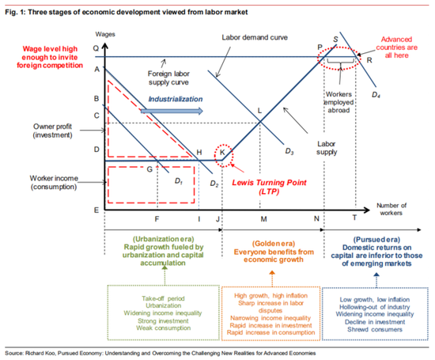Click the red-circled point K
pyautogui.click(x=222, y=153)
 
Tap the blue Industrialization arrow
pyautogui.click(x=172, y=111)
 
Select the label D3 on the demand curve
pyautogui.click(x=289, y=151)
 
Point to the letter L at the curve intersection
pyautogui.click(x=259, y=111)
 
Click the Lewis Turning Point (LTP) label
pyautogui.click(x=269, y=187)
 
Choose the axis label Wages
pyautogui.click(x=105, y=34)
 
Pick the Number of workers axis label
pyautogui.click(x=391, y=209)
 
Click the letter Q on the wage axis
pyautogui.click(x=96, y=48)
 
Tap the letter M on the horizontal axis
pyautogui.click(x=263, y=219)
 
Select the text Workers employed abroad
pyautogui.click(x=339, y=102)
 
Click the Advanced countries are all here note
pyautogui.click(x=396, y=47)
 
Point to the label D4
pyautogui.click(x=376, y=95)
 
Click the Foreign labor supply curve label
pyautogui.click(x=168, y=78)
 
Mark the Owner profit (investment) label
pyautogui.click(x=53, y=131)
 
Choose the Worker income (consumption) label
pyautogui.click(x=54, y=182)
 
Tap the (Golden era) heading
pyautogui.click(x=274, y=244)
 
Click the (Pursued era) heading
pyautogui.click(x=376, y=240)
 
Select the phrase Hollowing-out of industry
pyautogui.click(x=375, y=307)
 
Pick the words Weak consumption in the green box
pyautogui.click(x=164, y=328)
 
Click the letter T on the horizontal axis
pyautogui.click(x=354, y=218)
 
